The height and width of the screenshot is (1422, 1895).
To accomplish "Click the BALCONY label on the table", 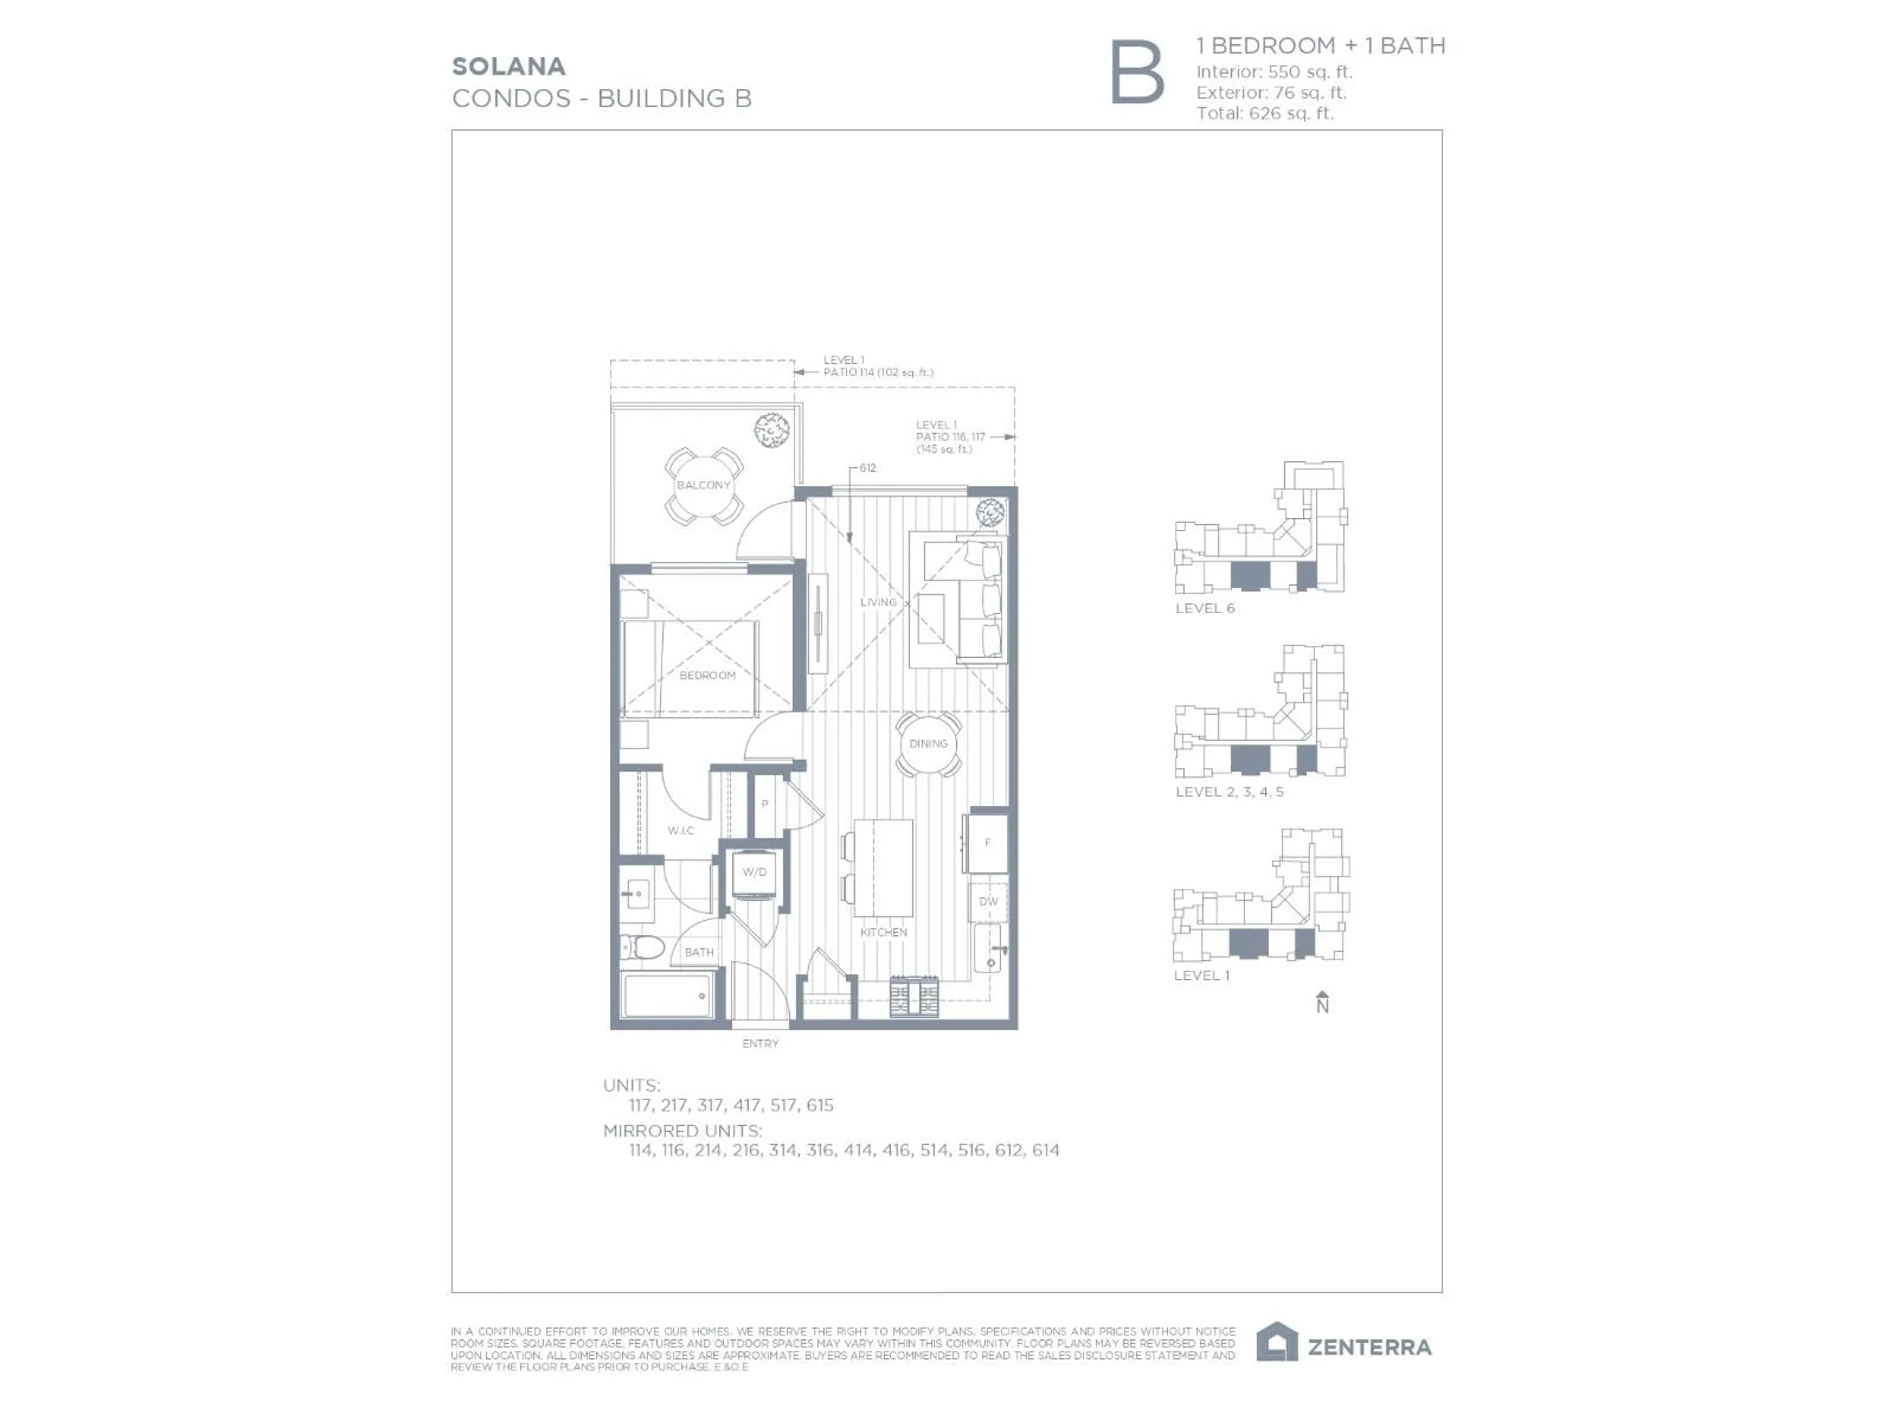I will [x=703, y=485].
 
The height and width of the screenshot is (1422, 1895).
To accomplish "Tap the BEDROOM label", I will [x=708, y=675].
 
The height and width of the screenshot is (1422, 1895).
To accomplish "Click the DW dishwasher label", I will [x=988, y=902].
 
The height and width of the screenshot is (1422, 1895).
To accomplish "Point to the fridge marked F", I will [x=988, y=842].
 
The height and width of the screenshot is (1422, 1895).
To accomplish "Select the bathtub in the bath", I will [x=667, y=996].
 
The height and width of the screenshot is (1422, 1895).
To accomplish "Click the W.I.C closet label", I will [x=681, y=830].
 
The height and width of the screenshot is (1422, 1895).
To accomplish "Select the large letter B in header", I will [x=1137, y=73].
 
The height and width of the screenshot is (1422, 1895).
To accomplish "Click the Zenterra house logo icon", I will [x=1277, y=1343].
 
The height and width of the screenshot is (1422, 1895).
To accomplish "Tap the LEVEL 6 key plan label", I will [x=1205, y=609].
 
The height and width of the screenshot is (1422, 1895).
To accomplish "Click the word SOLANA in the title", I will [x=508, y=67].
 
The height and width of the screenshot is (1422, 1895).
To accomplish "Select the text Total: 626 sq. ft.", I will [x=1264, y=113].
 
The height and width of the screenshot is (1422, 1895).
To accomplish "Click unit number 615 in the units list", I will [x=819, y=1106].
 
